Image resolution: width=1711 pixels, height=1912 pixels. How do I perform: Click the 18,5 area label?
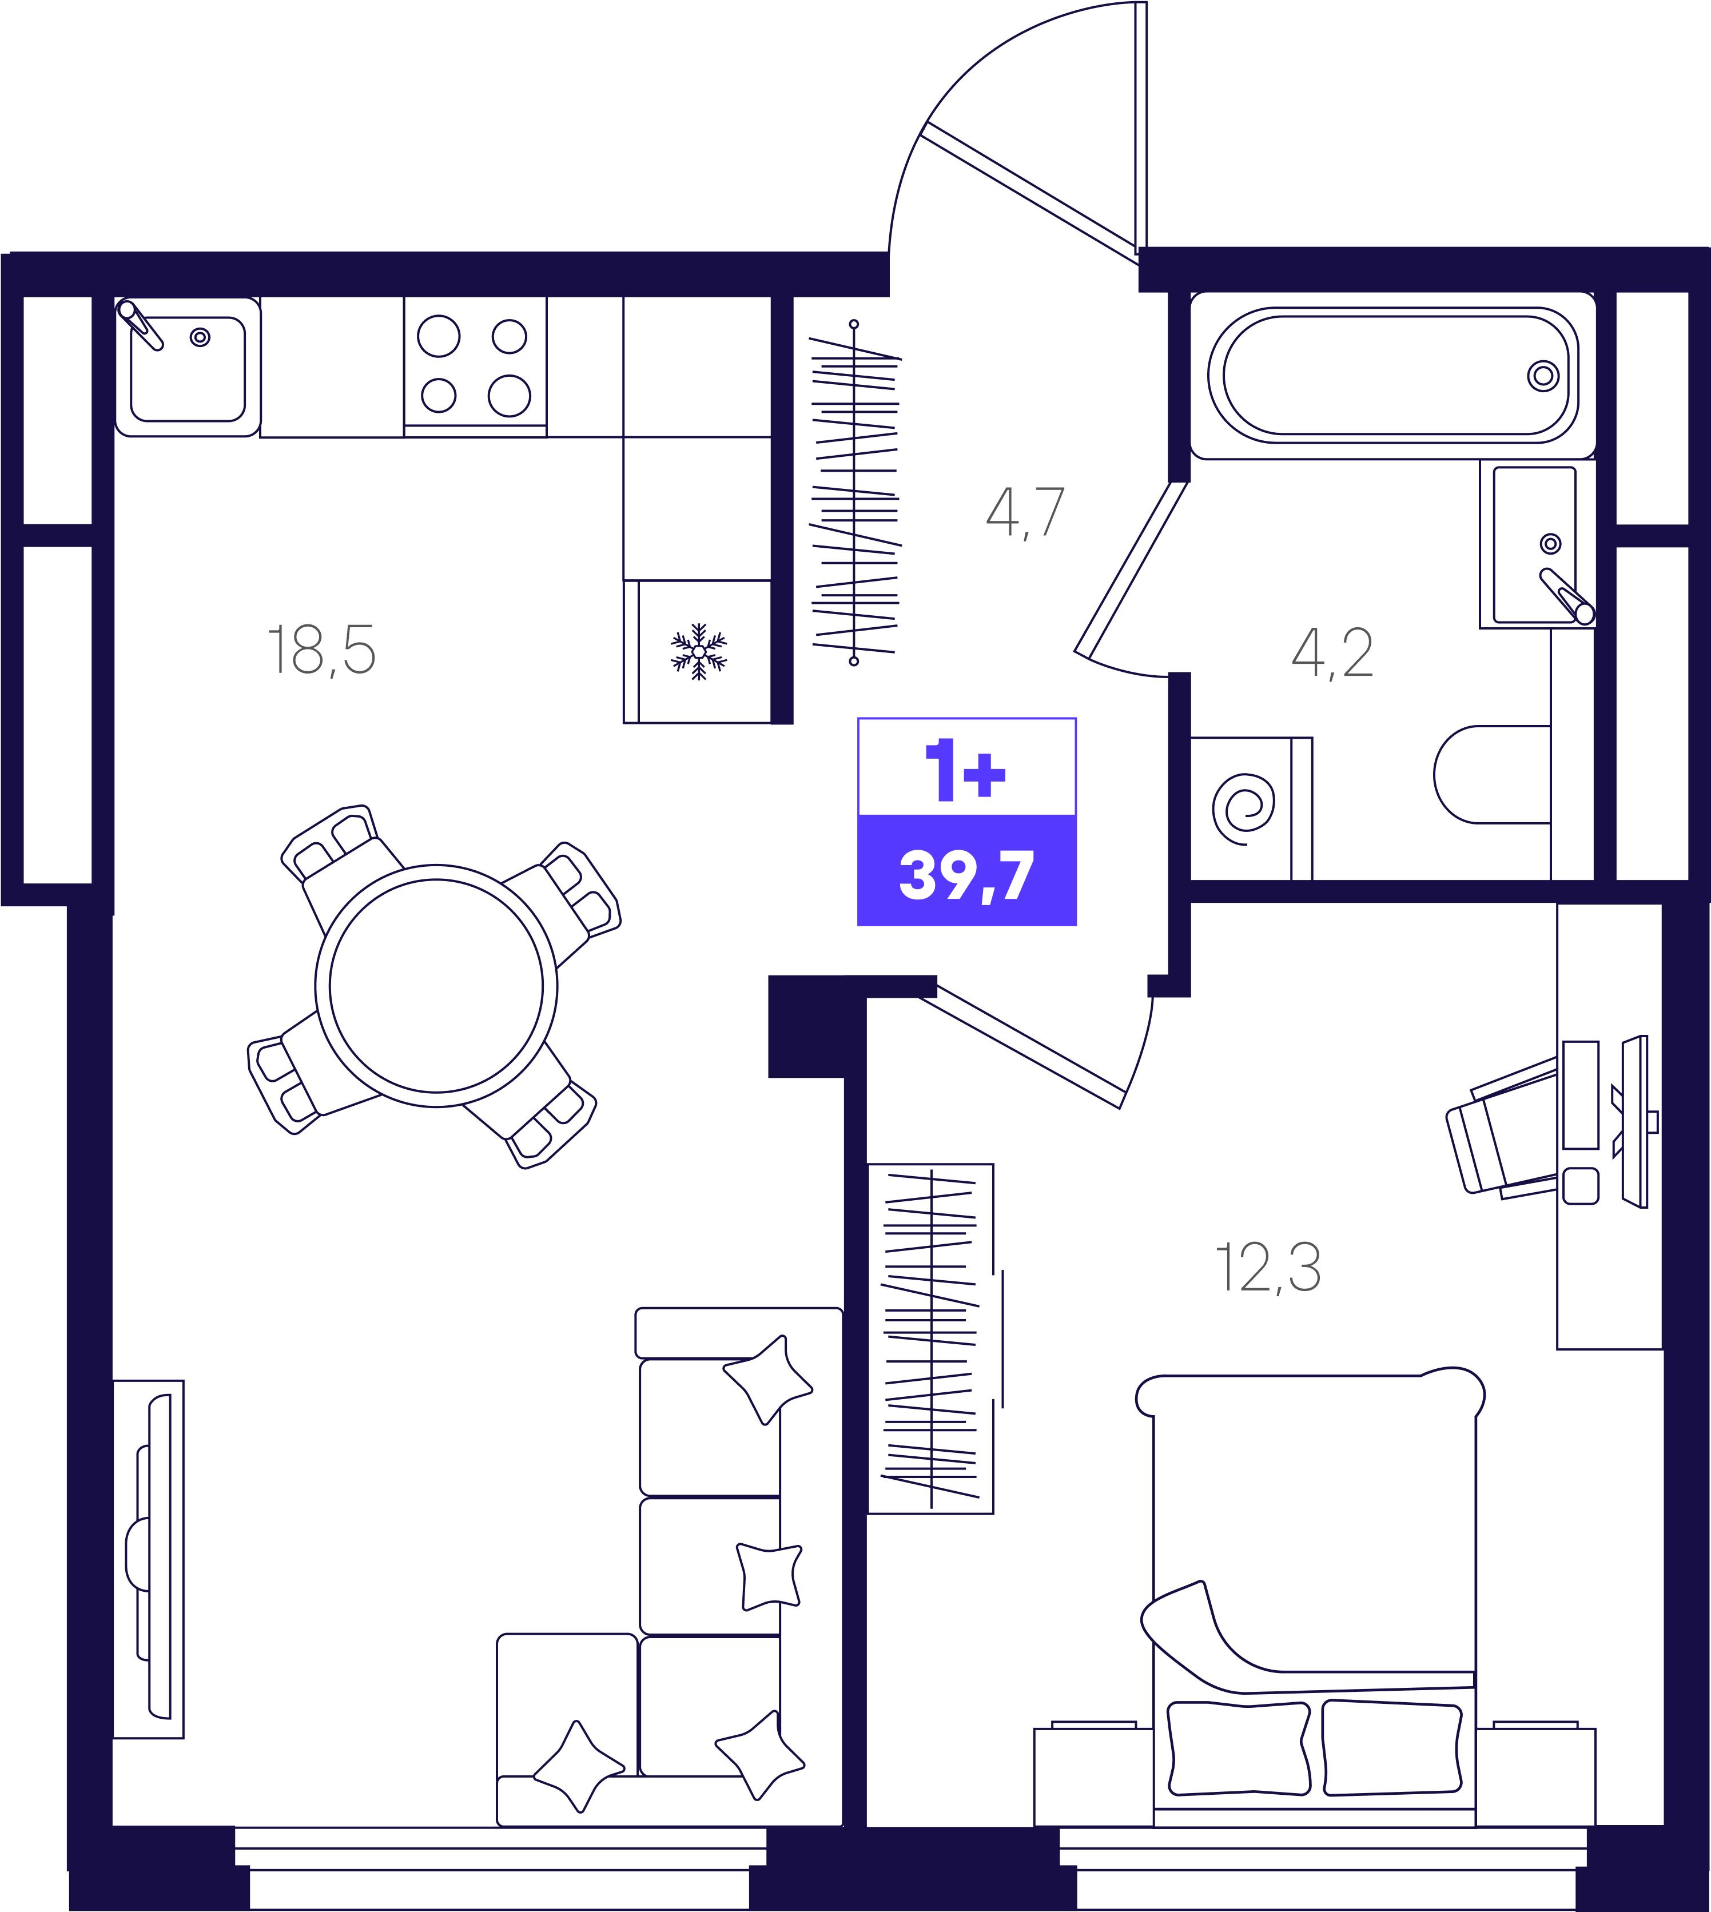[321, 650]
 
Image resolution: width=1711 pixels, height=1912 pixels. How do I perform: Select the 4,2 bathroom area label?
[1332, 654]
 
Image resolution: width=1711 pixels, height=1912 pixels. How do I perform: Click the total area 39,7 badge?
[966, 870]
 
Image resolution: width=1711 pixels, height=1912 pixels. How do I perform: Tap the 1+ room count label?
[965, 769]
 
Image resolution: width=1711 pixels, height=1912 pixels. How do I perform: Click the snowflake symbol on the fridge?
[698, 651]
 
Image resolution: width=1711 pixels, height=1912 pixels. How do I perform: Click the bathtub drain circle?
[1543, 376]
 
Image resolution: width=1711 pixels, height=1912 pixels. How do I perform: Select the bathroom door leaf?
[1131, 569]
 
